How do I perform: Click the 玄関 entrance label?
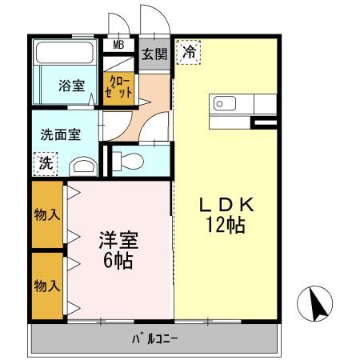pyautogui.click(x=155, y=54)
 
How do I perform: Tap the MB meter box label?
pyautogui.click(x=118, y=45)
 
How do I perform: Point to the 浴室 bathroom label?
pyautogui.click(x=71, y=86)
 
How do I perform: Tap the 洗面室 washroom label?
pyautogui.click(x=60, y=134)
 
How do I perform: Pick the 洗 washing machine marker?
pyautogui.click(x=46, y=163)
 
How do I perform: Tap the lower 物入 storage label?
pyautogui.click(x=47, y=285)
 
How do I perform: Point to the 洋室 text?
pyautogui.click(x=118, y=239)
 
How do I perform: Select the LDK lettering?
pyautogui.click(x=226, y=206)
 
